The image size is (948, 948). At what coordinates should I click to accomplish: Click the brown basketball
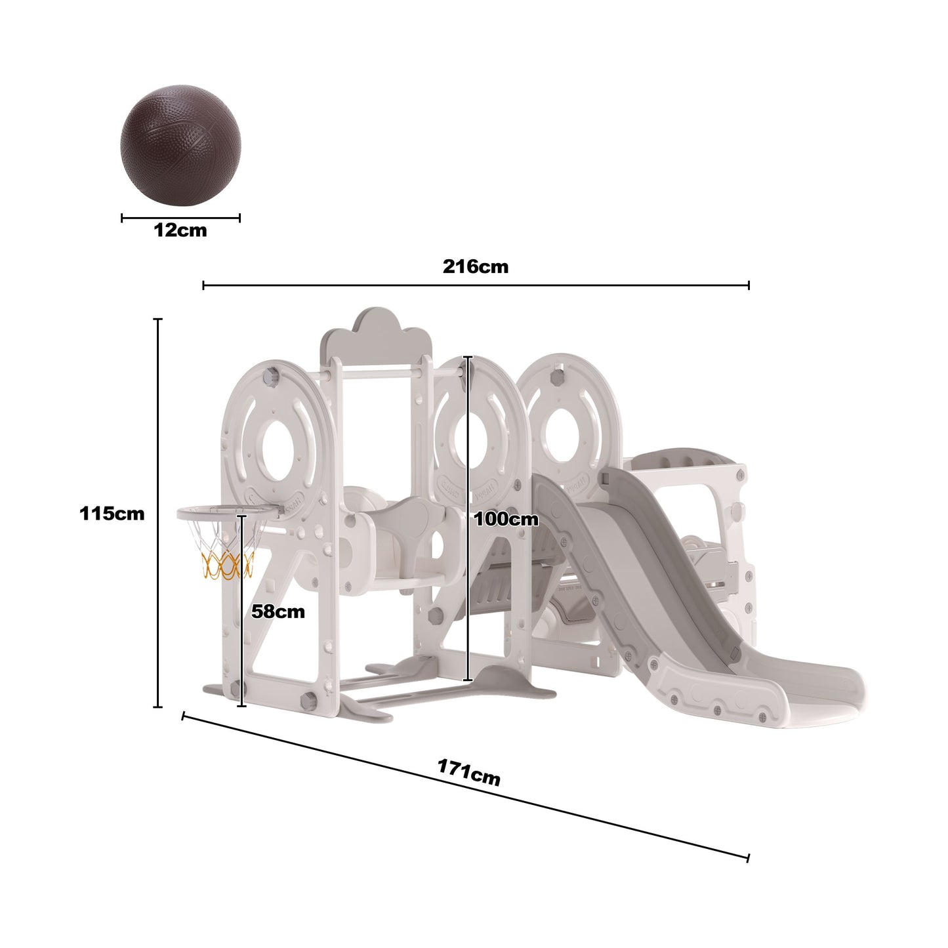pyautogui.click(x=180, y=146)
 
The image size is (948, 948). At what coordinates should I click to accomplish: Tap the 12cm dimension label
pyautogui.click(x=180, y=231)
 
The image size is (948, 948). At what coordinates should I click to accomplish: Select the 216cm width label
pyautogui.click(x=475, y=266)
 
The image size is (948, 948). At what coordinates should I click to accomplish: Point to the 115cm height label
pyautogui.click(x=112, y=513)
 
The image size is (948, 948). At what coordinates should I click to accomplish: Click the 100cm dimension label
pyautogui.click(x=506, y=520)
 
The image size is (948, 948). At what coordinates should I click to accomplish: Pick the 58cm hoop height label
pyautogui.click(x=278, y=611)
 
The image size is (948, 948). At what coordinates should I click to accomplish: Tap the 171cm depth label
pyautogui.click(x=468, y=772)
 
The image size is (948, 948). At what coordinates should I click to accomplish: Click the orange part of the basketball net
pyautogui.click(x=227, y=565)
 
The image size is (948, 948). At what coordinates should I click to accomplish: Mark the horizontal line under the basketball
pyautogui.click(x=180, y=218)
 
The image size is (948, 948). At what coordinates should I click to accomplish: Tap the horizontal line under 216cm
pyautogui.click(x=475, y=285)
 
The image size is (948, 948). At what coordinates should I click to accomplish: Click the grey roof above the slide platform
pyautogui.click(x=682, y=457)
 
